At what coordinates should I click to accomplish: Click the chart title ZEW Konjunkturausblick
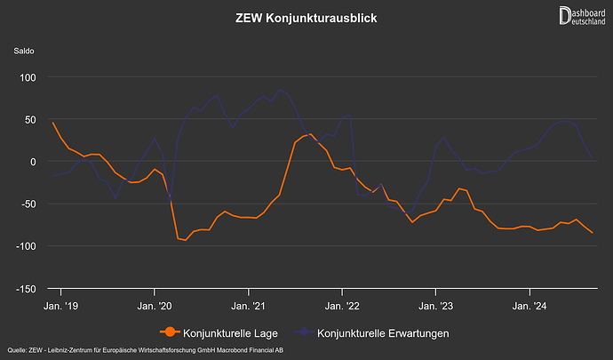tap(306, 18)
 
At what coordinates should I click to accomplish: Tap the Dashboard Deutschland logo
tap(583, 16)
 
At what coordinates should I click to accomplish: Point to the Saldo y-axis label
tap(24, 51)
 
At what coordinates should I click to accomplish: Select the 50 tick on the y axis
tap(28, 119)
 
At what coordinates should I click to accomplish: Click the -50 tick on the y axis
tap(27, 204)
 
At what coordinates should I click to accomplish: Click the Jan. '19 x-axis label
tap(60, 306)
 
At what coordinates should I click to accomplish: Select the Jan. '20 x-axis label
tap(155, 306)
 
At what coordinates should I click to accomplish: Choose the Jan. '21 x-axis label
tap(248, 306)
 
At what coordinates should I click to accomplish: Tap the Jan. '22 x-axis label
tap(342, 306)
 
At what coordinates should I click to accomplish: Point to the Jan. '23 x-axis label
tap(435, 306)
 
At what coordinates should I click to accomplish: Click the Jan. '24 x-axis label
tap(529, 306)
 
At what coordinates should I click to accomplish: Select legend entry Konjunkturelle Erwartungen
tap(382, 333)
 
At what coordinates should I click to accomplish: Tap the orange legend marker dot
tap(168, 333)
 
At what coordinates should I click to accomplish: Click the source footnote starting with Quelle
tap(146, 352)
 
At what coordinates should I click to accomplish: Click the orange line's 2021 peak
tap(311, 134)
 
